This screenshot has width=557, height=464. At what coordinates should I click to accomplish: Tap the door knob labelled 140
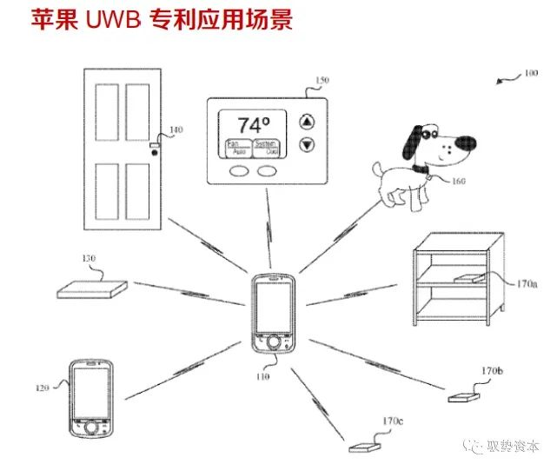pos(155,152)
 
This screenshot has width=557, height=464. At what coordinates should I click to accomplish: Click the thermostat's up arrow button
pos(305,121)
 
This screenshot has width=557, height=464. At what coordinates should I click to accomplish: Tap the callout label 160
pos(458,181)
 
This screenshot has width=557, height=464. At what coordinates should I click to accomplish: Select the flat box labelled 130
pos(90,286)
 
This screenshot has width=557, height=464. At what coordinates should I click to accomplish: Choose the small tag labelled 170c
pos(362,447)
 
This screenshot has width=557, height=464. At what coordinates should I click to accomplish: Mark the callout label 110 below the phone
pos(264,378)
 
